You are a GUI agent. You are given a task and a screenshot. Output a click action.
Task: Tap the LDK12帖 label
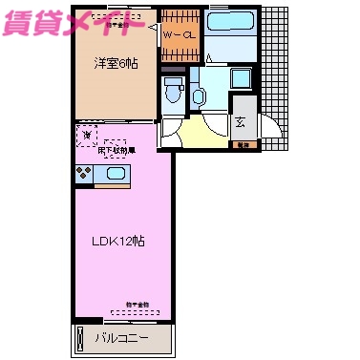pos(118,239)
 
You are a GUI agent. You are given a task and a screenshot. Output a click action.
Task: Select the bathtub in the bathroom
pos(227,22)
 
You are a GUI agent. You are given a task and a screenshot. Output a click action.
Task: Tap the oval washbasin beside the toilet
pos(199,95)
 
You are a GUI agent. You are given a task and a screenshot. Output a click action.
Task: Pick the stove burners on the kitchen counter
pos(84,174)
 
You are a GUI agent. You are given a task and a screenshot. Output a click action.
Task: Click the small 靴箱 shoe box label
pos(244,144)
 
